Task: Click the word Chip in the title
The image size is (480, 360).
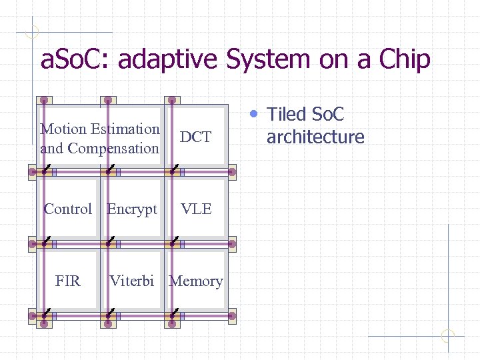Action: click(x=405, y=60)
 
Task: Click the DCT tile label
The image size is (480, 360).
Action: click(x=195, y=137)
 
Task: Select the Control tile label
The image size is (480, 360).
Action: click(x=67, y=209)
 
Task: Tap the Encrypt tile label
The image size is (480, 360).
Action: click(x=132, y=209)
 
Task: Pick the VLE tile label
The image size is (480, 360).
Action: click(x=196, y=209)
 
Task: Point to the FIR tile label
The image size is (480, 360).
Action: click(x=67, y=281)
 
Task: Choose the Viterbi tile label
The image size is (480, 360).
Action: click(x=131, y=281)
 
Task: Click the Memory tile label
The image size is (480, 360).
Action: click(x=196, y=281)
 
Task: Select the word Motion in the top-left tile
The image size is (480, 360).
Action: click(x=63, y=129)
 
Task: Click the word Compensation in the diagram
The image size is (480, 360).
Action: click(x=113, y=149)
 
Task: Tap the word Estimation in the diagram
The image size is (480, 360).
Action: click(x=125, y=129)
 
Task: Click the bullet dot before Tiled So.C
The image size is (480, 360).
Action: click(x=253, y=113)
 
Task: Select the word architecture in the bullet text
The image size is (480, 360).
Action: click(x=315, y=137)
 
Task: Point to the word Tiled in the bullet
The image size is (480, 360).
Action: click(x=287, y=115)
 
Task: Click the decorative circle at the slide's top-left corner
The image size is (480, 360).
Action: click(x=32, y=31)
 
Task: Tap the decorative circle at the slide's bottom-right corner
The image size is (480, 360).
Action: click(x=448, y=336)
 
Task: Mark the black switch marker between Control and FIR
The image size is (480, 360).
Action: click(x=44, y=241)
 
